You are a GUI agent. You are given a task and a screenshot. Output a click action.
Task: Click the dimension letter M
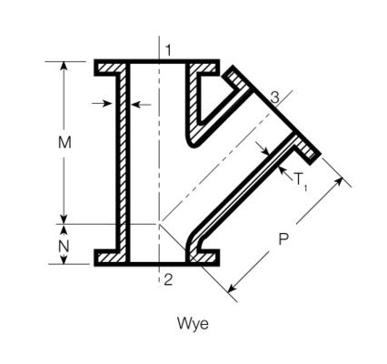[64, 142]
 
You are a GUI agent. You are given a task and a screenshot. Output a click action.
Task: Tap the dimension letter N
[64, 247]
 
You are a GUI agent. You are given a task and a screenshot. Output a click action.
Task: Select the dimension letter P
[283, 239]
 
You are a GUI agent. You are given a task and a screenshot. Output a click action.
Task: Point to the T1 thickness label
[301, 182]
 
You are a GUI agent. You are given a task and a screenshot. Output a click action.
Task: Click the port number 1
[168, 50]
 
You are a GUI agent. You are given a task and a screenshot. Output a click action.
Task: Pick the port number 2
[168, 279]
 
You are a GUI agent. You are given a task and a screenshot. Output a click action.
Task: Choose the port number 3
[274, 97]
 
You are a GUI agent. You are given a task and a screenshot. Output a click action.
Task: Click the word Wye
[193, 324]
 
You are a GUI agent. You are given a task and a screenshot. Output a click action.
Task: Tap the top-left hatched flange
[110, 67]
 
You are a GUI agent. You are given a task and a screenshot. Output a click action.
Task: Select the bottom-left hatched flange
[110, 258]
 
